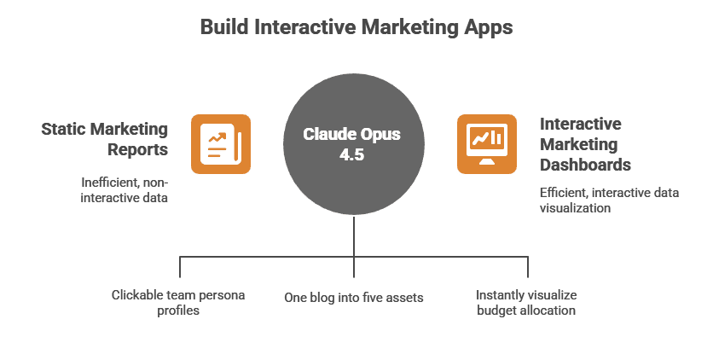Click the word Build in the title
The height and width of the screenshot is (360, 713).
pos(224,26)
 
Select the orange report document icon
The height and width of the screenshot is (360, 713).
pos(221,144)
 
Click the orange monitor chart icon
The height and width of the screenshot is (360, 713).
pos(486,144)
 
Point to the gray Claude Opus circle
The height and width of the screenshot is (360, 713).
pos(354,144)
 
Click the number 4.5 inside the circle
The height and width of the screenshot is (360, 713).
pos(351,154)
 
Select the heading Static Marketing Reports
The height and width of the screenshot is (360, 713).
pos(105,139)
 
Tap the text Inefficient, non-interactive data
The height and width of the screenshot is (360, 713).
pos(125,190)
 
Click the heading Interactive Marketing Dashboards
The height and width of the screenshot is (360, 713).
pos(586,144)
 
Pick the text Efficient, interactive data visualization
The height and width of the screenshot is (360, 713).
pos(609,200)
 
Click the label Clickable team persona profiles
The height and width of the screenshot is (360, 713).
pos(178,303)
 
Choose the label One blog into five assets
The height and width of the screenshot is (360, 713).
pos(354,298)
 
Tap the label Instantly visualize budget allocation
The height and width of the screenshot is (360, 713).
pos(526,303)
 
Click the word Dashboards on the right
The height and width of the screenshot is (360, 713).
pos(586,165)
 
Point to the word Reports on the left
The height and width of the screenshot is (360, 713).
pos(138,149)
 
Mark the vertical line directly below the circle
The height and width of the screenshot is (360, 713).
pos(354,247)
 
